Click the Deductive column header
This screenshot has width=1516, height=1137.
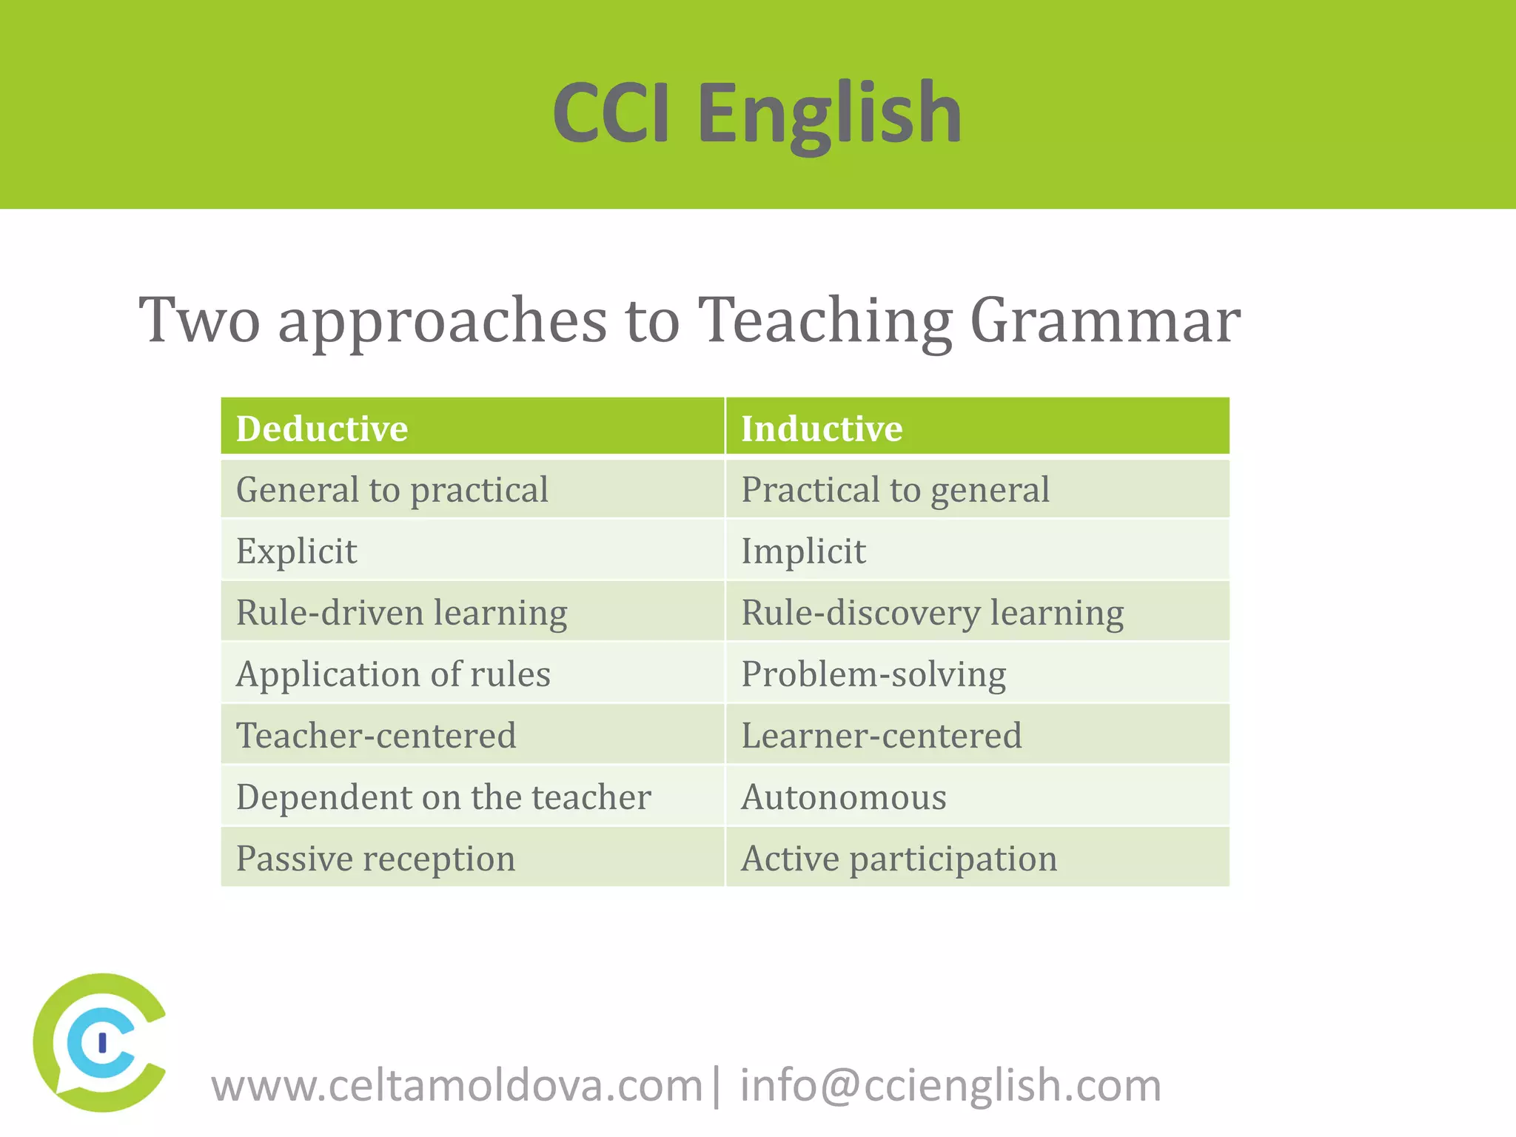point(322,429)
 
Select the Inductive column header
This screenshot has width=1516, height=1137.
point(822,429)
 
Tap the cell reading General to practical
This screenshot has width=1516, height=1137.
point(392,490)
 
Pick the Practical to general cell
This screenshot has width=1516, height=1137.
point(895,490)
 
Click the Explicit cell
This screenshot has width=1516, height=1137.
point(296,551)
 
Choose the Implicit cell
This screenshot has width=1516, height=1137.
point(803,551)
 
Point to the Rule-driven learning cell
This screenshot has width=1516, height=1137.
point(401,613)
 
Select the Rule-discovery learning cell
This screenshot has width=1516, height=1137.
point(932,613)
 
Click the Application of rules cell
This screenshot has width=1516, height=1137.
point(393,674)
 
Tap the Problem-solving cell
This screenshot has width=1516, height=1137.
point(873,674)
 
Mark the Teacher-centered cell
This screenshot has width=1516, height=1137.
point(376,736)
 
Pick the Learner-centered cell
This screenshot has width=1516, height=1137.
point(881,736)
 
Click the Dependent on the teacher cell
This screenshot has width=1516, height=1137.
point(443,797)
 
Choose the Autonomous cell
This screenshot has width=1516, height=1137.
point(844,797)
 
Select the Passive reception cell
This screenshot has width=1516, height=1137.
point(375,859)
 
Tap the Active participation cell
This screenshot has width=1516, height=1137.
point(899,859)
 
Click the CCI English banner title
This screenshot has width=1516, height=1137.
point(757,113)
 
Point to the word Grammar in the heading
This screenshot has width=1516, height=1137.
point(1104,321)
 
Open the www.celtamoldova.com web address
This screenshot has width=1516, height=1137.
point(457,1086)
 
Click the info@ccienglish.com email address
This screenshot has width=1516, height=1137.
point(950,1086)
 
